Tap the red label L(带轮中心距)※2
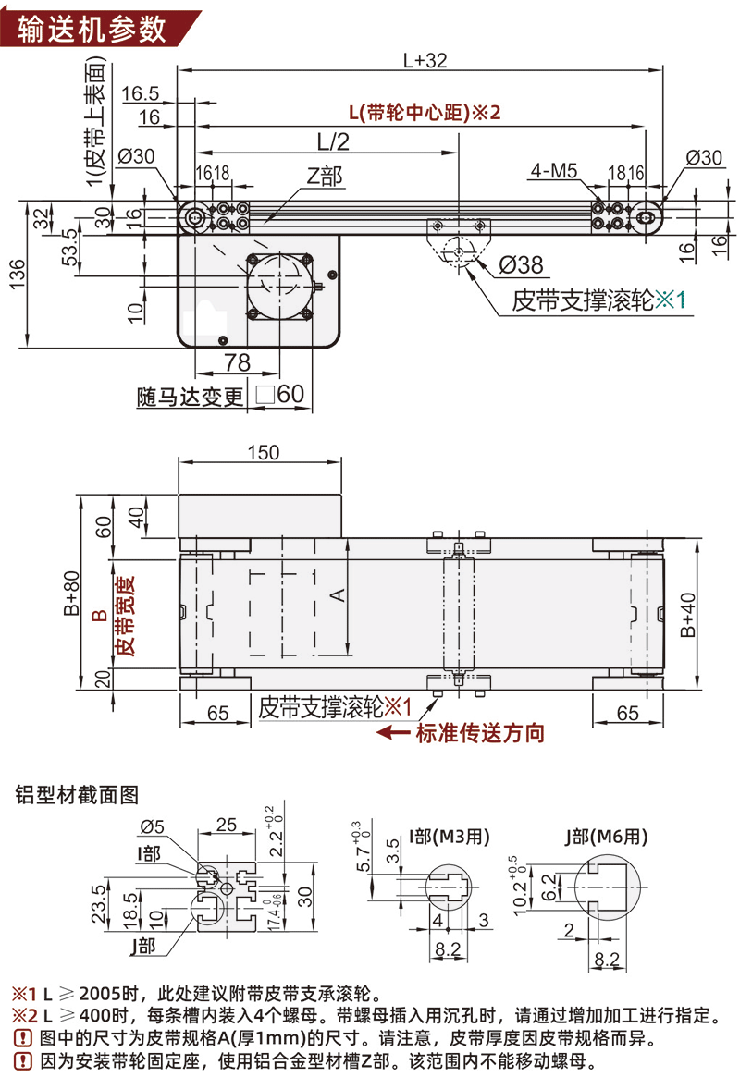[424, 113]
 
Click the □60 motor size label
[279, 395]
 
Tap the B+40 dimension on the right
[687, 615]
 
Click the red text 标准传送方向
[479, 733]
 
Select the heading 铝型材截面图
[77, 794]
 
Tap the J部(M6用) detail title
[607, 836]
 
